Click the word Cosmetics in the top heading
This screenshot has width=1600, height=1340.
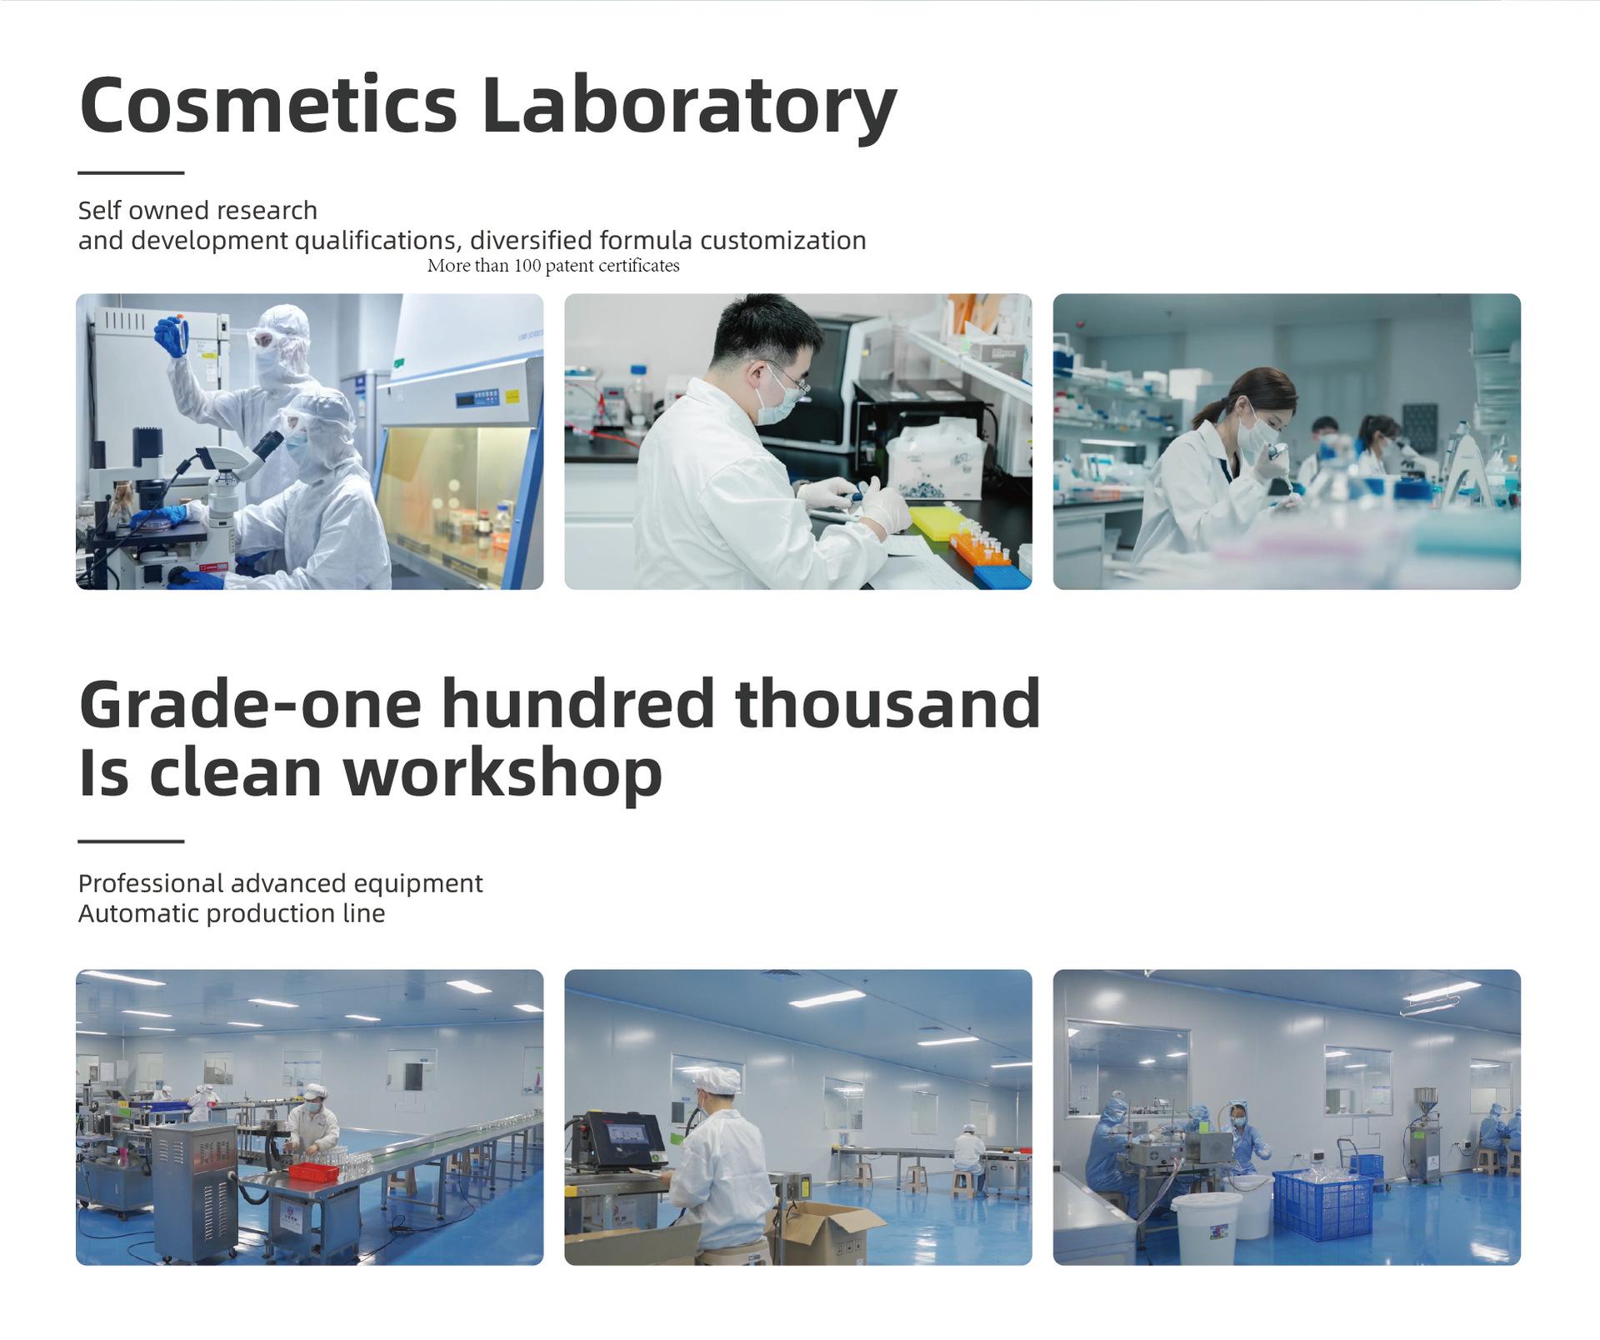[268, 105]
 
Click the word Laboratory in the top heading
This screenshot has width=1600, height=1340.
[689, 108]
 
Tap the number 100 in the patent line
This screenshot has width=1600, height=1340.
[527, 266]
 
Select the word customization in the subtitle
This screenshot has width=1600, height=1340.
[782, 240]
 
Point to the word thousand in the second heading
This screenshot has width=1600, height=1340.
[887, 703]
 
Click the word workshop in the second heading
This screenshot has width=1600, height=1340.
[503, 773]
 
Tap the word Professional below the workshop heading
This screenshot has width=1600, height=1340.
[151, 883]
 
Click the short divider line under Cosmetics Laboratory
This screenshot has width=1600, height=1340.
[131, 172]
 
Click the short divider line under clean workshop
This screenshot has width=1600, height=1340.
[131, 841]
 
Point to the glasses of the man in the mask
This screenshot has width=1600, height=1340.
[789, 379]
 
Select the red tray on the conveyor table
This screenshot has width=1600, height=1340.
[313, 1172]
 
